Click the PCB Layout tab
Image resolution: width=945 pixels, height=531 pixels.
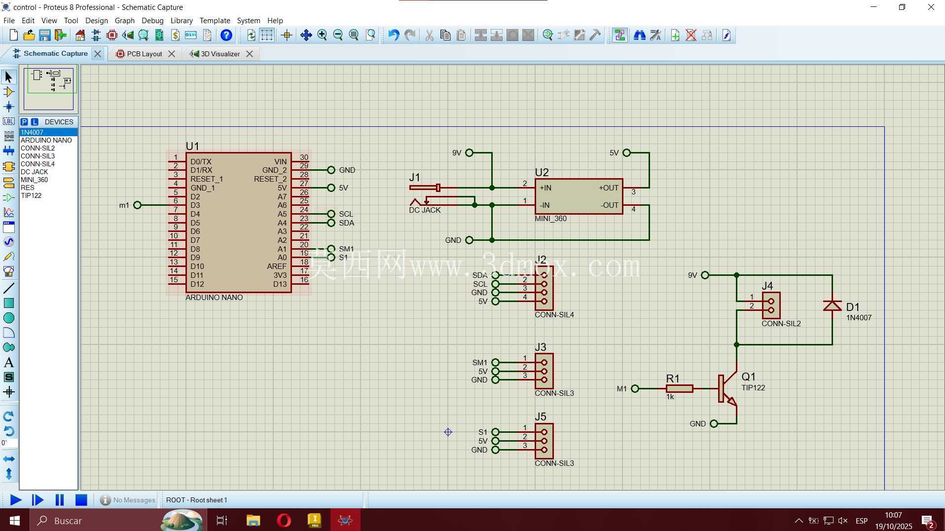coord(145,54)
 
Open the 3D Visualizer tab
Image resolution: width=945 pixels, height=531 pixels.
coord(220,54)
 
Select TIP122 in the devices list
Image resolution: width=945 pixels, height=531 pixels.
coord(31,195)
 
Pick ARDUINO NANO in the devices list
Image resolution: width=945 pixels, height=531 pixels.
coord(46,140)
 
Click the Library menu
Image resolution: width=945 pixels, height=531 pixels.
coord(182,20)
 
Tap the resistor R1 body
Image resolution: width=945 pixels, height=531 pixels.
coord(679,389)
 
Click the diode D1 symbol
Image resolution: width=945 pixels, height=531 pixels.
coord(833,306)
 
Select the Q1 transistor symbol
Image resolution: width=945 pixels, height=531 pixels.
coord(727,389)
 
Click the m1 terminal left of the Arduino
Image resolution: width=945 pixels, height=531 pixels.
coord(137,205)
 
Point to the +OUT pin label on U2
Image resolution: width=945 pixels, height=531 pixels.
coord(608,188)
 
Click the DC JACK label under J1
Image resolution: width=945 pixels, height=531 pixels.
coord(425,210)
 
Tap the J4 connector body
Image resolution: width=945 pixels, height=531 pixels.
coord(771,305)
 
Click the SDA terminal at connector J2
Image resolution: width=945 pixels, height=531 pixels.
coord(495,275)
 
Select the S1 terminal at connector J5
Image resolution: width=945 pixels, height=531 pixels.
coord(495,432)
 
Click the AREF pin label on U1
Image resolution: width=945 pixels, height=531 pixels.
coord(277,266)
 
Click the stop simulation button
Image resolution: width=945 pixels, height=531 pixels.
coord(81,500)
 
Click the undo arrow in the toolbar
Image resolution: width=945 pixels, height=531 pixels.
coord(393,35)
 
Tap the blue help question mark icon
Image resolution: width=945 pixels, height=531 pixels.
coord(226,35)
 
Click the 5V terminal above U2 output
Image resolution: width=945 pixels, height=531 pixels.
coord(626,153)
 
